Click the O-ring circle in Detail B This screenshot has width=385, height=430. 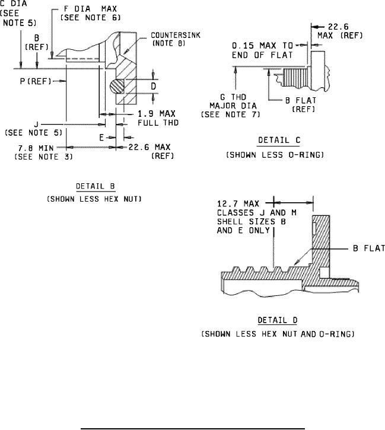117,87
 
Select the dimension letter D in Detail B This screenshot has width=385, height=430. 153,86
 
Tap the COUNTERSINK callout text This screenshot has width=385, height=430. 176,36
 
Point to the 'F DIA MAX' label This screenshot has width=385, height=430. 90,9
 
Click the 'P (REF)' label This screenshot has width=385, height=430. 36,81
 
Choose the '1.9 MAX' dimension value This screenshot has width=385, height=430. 156,113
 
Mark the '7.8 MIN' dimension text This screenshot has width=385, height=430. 36,148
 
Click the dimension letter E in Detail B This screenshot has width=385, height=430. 101,138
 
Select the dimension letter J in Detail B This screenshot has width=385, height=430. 36,125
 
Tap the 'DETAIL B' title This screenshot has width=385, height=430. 96,186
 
